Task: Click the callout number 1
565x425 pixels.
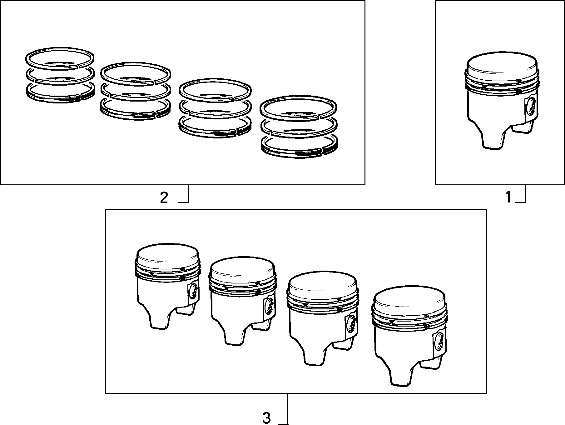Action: tap(508, 197)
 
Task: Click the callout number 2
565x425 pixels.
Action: tap(164, 198)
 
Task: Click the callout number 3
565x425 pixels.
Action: tap(266, 418)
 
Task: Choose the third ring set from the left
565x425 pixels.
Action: tap(215, 108)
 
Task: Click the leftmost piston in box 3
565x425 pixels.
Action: tap(168, 286)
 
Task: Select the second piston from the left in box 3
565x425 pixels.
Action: tap(243, 301)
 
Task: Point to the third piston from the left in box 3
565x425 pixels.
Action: tap(323, 318)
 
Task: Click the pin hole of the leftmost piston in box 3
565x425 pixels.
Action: tap(194, 292)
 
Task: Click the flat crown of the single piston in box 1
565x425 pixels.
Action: tap(502, 69)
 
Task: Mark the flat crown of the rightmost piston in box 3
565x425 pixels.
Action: tap(409, 303)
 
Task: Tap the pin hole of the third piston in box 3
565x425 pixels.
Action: tap(351, 324)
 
